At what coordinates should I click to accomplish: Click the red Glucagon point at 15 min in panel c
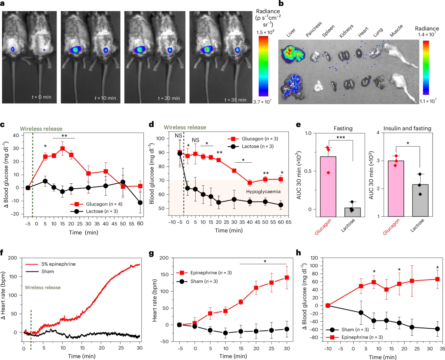click(62, 148)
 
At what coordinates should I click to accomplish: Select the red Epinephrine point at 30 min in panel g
click(286, 278)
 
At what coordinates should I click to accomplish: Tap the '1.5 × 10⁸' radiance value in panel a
click(266, 32)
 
